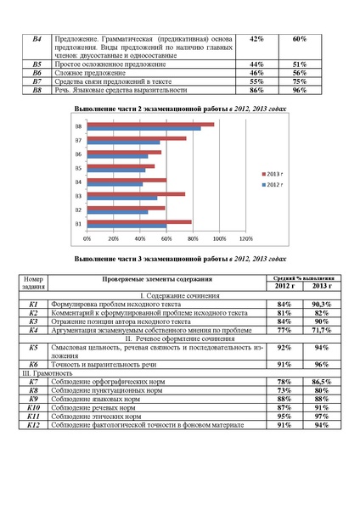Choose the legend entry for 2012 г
[274, 183]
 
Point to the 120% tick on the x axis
[248, 239]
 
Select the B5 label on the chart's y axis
[78, 168]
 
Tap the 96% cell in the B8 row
[299, 89]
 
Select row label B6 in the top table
[37, 73]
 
